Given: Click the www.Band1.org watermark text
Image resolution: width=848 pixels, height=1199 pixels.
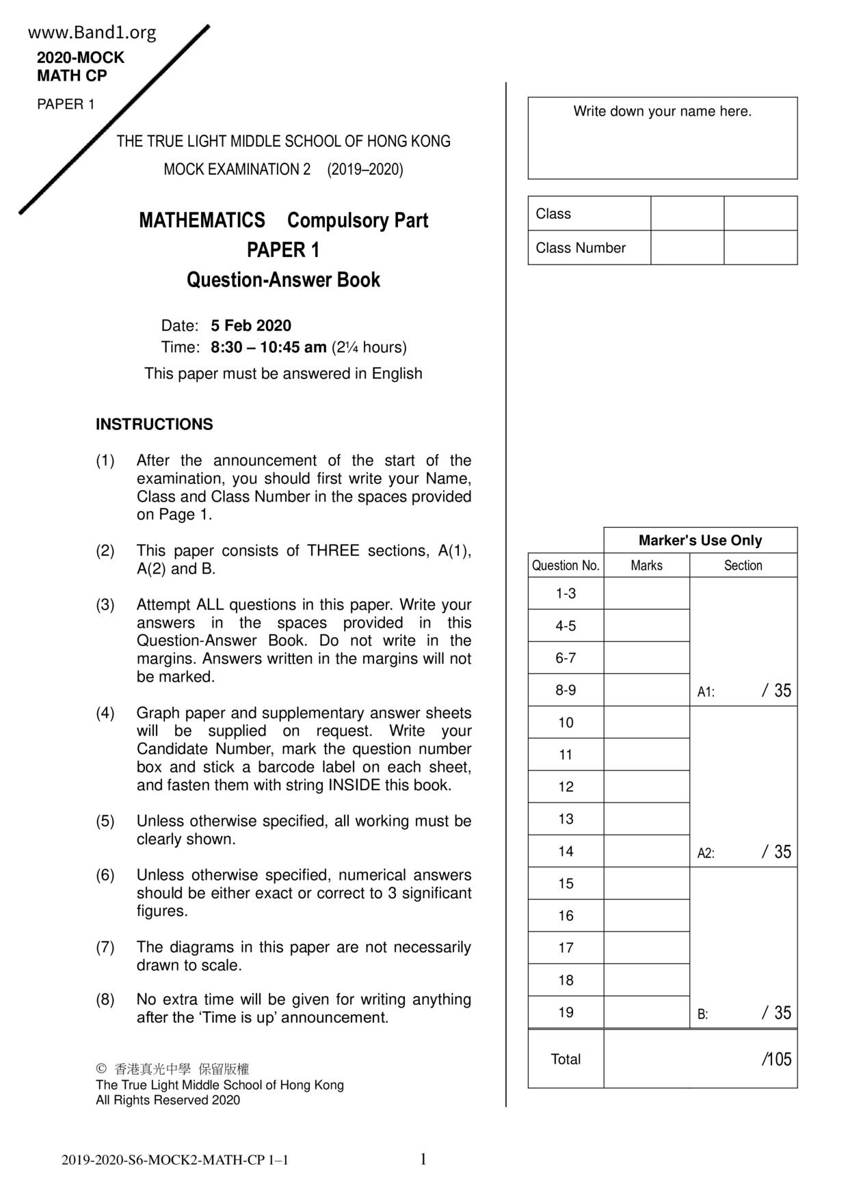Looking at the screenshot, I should click(92, 32).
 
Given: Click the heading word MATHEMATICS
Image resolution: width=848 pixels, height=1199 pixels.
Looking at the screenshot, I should click(202, 220).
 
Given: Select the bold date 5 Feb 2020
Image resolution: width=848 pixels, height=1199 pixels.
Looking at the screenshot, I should click(251, 325).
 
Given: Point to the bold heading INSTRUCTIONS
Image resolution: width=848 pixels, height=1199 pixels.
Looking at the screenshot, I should click(154, 425).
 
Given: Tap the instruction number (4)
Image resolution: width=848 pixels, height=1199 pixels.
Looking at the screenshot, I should click(105, 713).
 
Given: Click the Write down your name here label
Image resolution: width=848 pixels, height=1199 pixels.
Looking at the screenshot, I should click(662, 111).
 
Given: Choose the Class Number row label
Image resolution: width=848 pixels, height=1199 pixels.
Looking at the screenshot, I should click(581, 248).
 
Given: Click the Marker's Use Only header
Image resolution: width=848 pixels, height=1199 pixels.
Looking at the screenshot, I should click(700, 540).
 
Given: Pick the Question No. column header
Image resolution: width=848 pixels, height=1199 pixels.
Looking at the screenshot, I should click(566, 565).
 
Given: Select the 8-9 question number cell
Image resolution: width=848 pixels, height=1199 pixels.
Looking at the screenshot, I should click(566, 690).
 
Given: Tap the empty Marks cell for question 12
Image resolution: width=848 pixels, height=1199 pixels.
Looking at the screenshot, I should click(646, 787).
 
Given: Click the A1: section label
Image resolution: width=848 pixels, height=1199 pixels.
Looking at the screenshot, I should click(706, 692).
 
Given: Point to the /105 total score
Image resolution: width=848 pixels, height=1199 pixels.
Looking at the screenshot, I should click(776, 1059).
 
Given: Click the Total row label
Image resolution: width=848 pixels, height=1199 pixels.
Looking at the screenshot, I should click(566, 1059).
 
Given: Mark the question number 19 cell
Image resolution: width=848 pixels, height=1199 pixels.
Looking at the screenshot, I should click(566, 1012).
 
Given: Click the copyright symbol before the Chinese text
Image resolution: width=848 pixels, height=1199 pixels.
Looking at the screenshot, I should click(101, 1068).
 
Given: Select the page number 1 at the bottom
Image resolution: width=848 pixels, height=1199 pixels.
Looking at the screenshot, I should click(423, 1159).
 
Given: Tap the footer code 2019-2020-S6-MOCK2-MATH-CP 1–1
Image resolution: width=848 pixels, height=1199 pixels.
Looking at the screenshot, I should click(174, 1160).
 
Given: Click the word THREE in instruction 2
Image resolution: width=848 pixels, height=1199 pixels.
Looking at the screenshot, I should click(333, 551).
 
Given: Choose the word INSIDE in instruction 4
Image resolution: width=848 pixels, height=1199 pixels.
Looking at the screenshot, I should click(354, 785).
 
